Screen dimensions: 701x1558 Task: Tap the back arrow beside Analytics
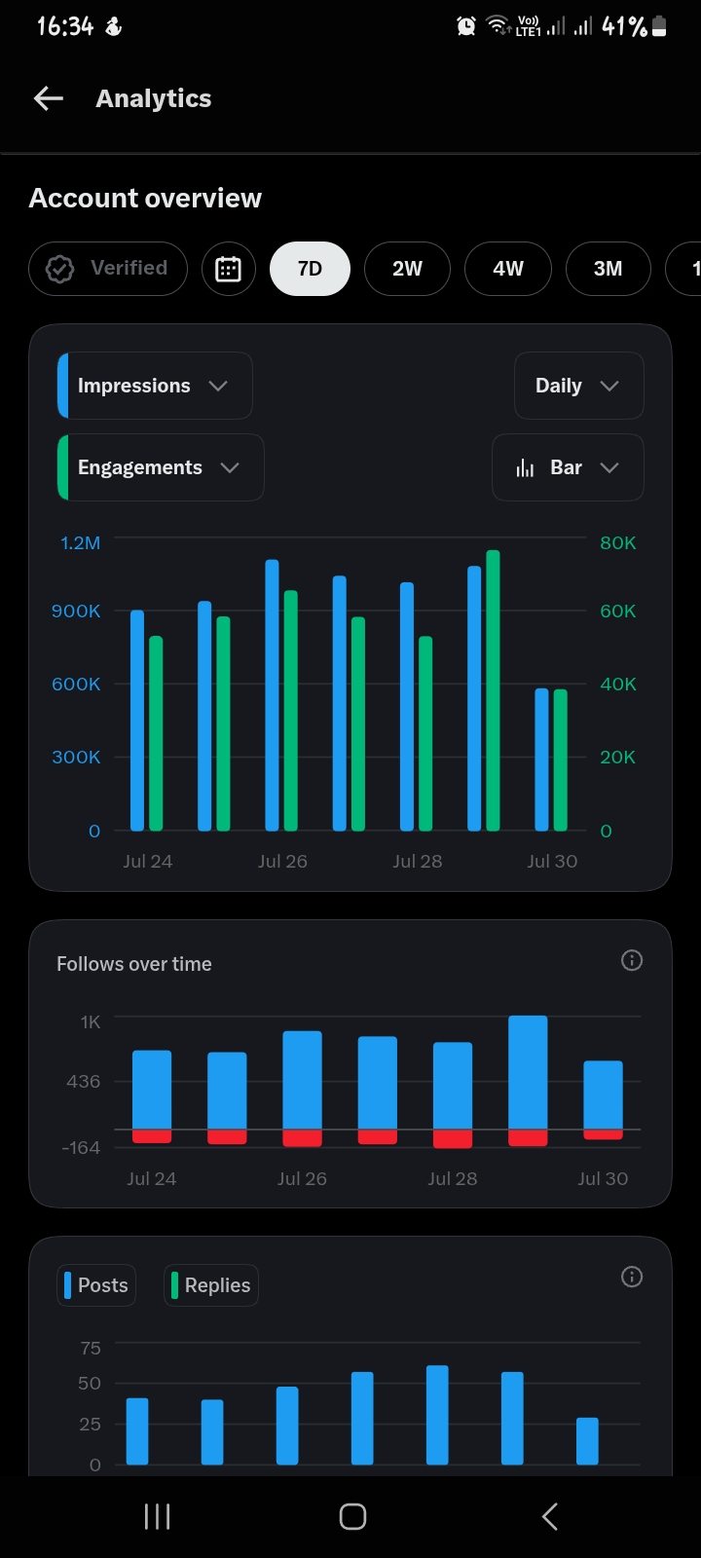point(49,98)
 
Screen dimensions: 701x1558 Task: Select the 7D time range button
point(310,269)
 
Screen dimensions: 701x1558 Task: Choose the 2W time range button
point(407,269)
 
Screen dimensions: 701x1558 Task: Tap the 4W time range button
point(507,269)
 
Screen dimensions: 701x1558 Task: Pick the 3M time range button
point(608,269)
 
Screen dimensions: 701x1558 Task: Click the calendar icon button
point(228,269)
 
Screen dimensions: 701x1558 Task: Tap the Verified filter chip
point(108,269)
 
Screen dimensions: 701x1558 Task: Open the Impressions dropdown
point(155,386)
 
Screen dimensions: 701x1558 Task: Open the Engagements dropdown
point(160,467)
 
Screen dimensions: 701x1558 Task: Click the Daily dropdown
point(578,386)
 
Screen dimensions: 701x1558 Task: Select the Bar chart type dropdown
point(568,467)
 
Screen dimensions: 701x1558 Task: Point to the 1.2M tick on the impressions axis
point(80,542)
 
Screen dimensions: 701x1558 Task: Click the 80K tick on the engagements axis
point(617,542)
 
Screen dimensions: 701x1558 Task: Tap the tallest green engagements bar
point(493,690)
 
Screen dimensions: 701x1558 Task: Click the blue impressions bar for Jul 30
point(541,760)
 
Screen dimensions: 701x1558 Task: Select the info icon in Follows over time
point(632,960)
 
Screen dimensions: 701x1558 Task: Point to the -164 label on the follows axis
point(81,1148)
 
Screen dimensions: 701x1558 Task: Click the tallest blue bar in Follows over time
point(528,1072)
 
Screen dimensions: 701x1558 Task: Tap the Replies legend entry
point(210,1285)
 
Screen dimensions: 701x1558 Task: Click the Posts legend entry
point(96,1285)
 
